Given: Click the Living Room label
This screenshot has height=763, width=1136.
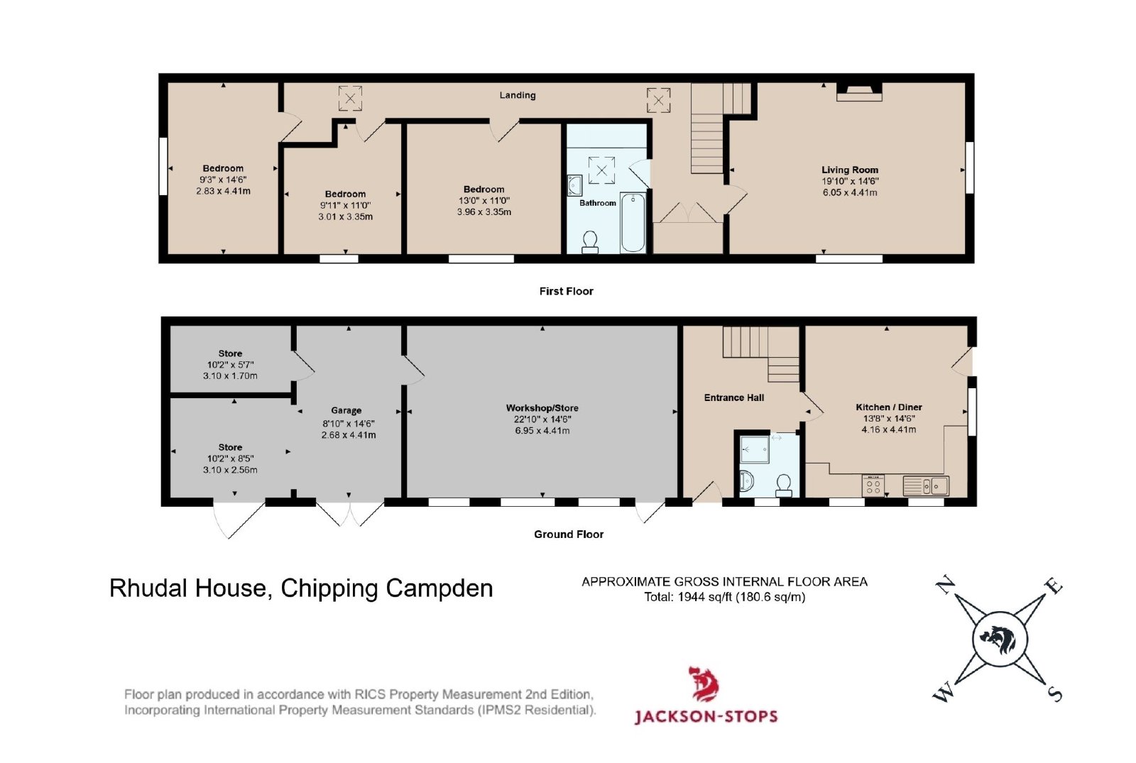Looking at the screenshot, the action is (850, 170).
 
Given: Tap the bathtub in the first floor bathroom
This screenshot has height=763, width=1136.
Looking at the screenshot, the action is (633, 222).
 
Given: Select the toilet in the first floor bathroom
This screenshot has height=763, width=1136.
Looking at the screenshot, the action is (590, 242).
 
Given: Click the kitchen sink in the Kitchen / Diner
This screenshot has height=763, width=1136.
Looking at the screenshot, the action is (926, 485).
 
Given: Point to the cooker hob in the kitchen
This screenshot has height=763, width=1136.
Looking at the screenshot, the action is (873, 485).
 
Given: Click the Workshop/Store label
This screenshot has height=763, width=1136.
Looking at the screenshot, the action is (542, 408).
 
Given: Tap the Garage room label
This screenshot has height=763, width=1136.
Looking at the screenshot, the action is (346, 411).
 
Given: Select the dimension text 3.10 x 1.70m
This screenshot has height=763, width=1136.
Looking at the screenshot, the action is (230, 376).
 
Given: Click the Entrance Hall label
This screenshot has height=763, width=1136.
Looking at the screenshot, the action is (734, 398).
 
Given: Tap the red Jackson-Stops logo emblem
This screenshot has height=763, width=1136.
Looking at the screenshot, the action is (704, 684).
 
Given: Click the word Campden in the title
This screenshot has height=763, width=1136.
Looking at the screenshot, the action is (439, 588).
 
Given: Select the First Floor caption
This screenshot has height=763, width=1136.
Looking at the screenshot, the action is (566, 292).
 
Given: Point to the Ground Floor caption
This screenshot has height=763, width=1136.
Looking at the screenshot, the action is (569, 534).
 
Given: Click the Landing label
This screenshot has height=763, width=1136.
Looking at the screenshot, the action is (518, 95).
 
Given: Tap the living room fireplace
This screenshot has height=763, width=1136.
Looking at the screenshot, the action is (859, 92).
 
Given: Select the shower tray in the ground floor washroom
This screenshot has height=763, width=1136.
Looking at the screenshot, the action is (755, 449).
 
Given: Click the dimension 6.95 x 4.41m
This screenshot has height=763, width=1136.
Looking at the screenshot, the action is (542, 431).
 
